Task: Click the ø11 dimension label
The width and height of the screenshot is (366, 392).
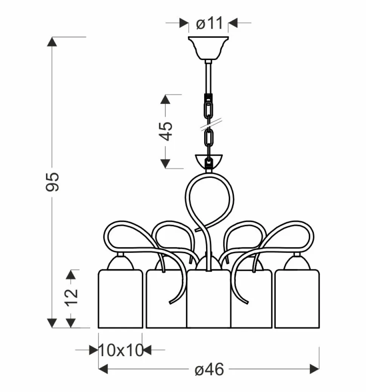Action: tap(209, 23)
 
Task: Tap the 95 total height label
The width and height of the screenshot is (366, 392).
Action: tap(52, 182)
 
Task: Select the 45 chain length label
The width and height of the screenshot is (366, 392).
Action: tap(166, 131)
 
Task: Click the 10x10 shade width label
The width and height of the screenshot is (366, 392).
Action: tap(121, 350)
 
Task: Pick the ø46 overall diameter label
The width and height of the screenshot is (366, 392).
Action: tap(209, 369)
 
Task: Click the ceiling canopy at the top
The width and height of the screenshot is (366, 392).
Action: tap(208, 48)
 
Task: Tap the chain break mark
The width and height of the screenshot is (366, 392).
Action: tap(211, 124)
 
